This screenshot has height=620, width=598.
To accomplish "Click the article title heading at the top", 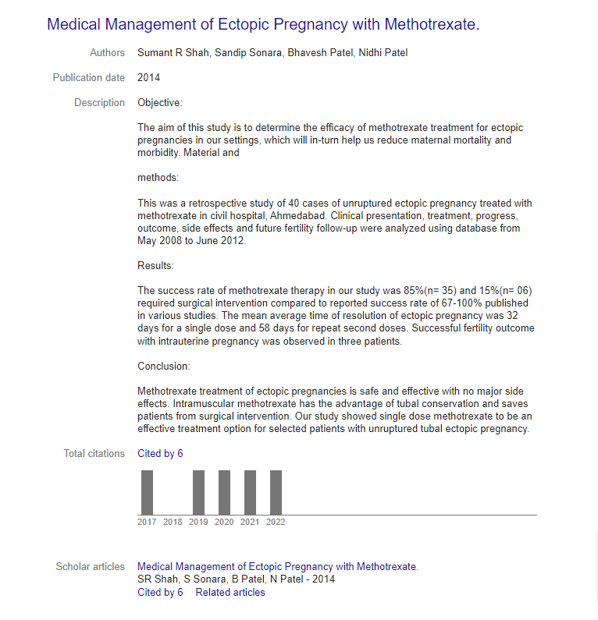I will (x=263, y=24).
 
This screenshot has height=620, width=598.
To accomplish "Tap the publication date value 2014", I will (x=148, y=78).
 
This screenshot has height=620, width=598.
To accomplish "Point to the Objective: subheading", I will (x=159, y=103).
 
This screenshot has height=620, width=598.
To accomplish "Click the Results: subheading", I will (x=155, y=266).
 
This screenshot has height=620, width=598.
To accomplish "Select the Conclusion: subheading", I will (x=163, y=367).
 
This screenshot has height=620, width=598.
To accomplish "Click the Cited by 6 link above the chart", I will (x=160, y=454).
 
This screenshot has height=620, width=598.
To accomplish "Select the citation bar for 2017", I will (x=147, y=492).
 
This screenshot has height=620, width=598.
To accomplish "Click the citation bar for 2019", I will (x=198, y=492).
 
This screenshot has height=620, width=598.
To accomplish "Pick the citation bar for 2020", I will (x=224, y=492).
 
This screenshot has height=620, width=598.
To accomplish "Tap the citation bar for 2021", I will (x=250, y=492).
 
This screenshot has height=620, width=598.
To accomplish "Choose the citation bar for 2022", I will (x=276, y=492).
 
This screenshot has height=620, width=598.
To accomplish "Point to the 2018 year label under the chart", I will (x=173, y=523).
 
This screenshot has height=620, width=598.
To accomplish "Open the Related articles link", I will (x=230, y=593).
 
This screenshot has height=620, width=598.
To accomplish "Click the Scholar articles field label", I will (x=90, y=567).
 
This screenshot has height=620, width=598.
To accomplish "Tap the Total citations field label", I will (x=94, y=454).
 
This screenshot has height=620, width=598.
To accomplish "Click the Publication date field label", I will (x=88, y=78).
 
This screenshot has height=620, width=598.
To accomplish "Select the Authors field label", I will (x=107, y=53).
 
